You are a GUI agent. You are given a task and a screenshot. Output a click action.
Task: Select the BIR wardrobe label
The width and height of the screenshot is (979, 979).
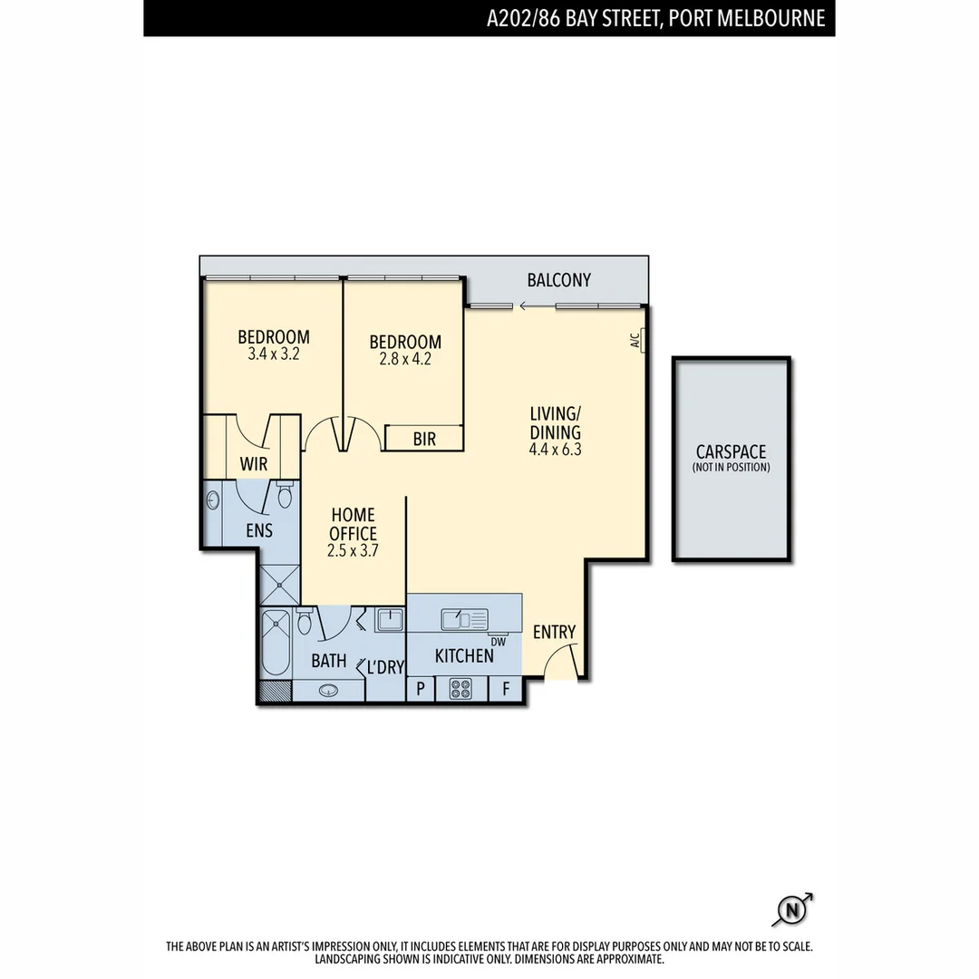click(x=424, y=440)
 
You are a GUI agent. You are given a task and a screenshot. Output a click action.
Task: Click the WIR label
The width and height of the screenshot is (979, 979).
click(x=253, y=464)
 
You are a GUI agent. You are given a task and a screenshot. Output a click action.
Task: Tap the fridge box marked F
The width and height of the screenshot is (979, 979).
click(x=506, y=689)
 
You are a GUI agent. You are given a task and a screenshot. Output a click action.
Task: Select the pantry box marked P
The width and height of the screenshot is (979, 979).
click(x=421, y=689)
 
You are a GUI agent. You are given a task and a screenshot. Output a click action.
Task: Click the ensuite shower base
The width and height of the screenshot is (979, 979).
click(x=279, y=584)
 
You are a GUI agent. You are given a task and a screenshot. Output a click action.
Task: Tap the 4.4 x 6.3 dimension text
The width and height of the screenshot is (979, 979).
click(x=555, y=450)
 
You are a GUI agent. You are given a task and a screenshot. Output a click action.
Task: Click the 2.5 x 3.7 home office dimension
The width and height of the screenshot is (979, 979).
click(x=353, y=550)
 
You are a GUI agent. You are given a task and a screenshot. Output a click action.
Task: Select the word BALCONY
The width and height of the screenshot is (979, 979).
click(x=558, y=280)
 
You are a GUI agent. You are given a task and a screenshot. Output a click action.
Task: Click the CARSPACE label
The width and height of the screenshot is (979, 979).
click(x=731, y=451)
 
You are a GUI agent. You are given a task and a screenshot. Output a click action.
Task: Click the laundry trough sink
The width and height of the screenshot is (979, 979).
click(x=391, y=620)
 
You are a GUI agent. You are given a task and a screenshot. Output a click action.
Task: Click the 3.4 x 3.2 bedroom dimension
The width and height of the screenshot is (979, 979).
click(x=273, y=354)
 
